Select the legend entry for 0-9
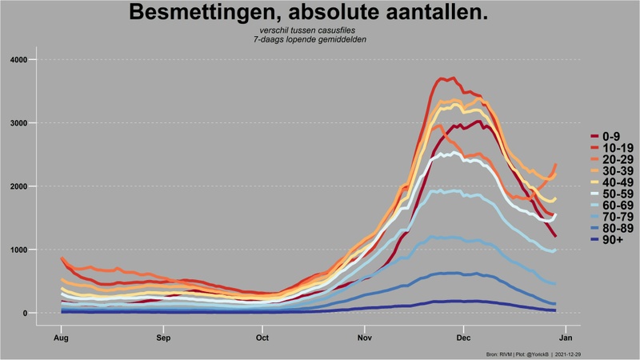pyautogui.click(x=612, y=136)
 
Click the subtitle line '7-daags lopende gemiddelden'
pyautogui.click(x=309, y=39)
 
